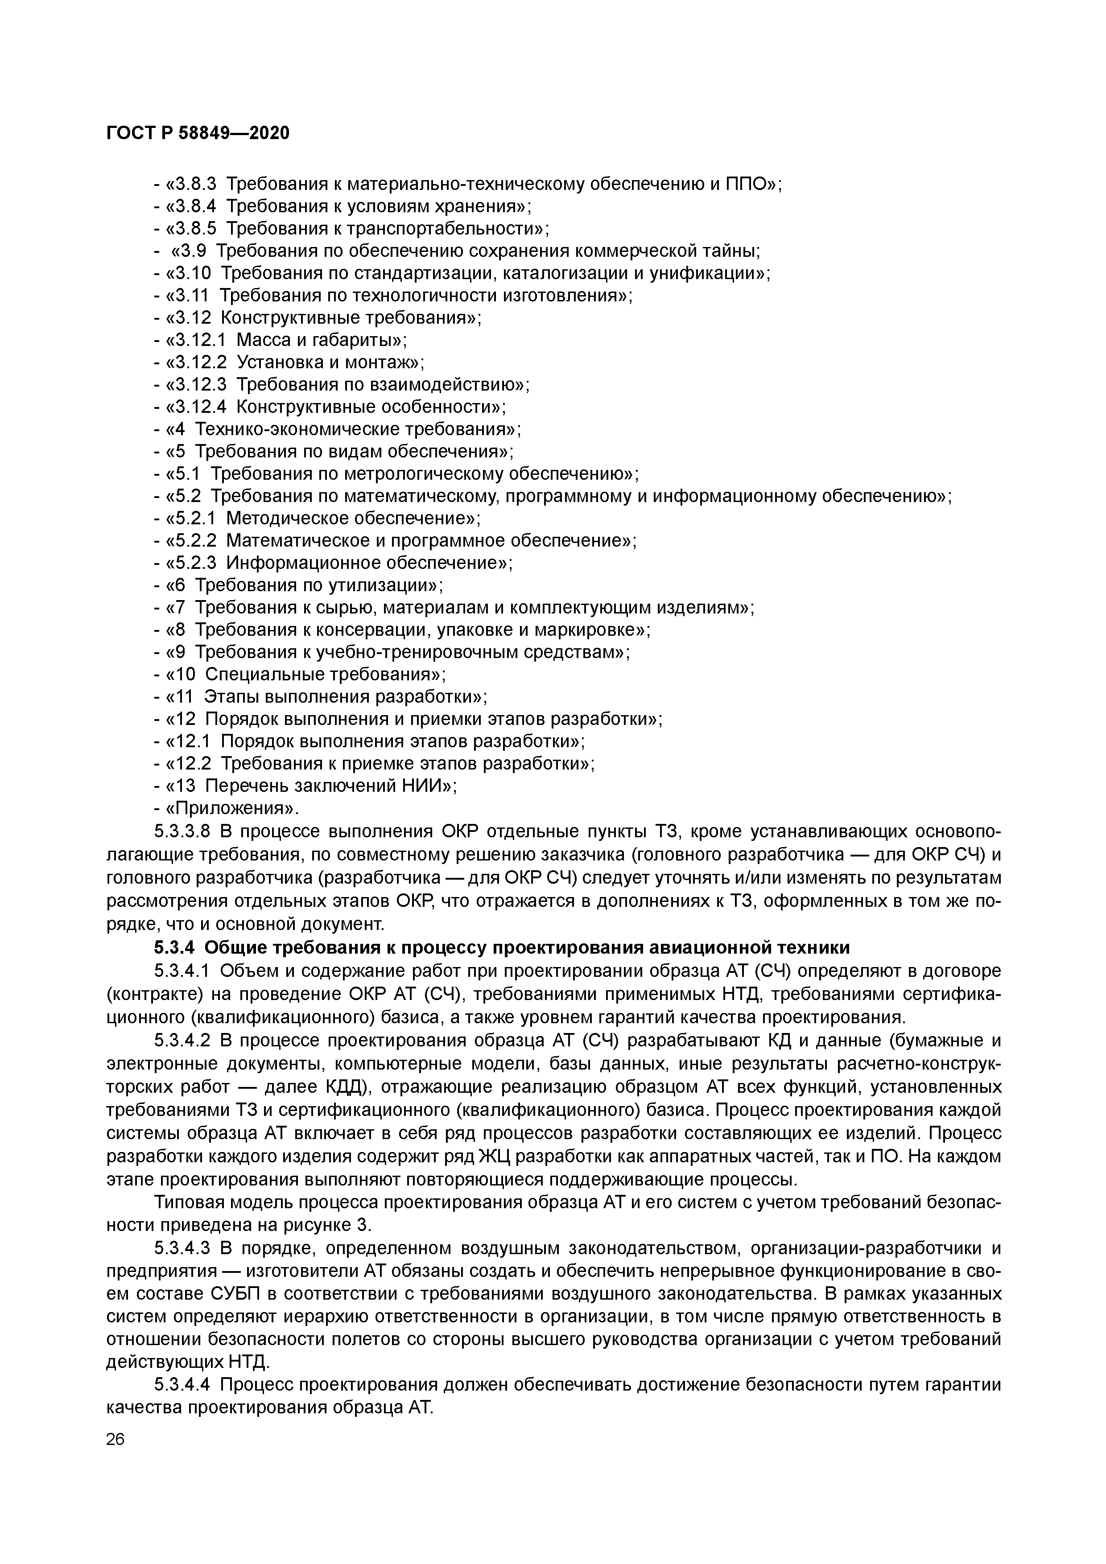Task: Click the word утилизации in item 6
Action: pos(386,585)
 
